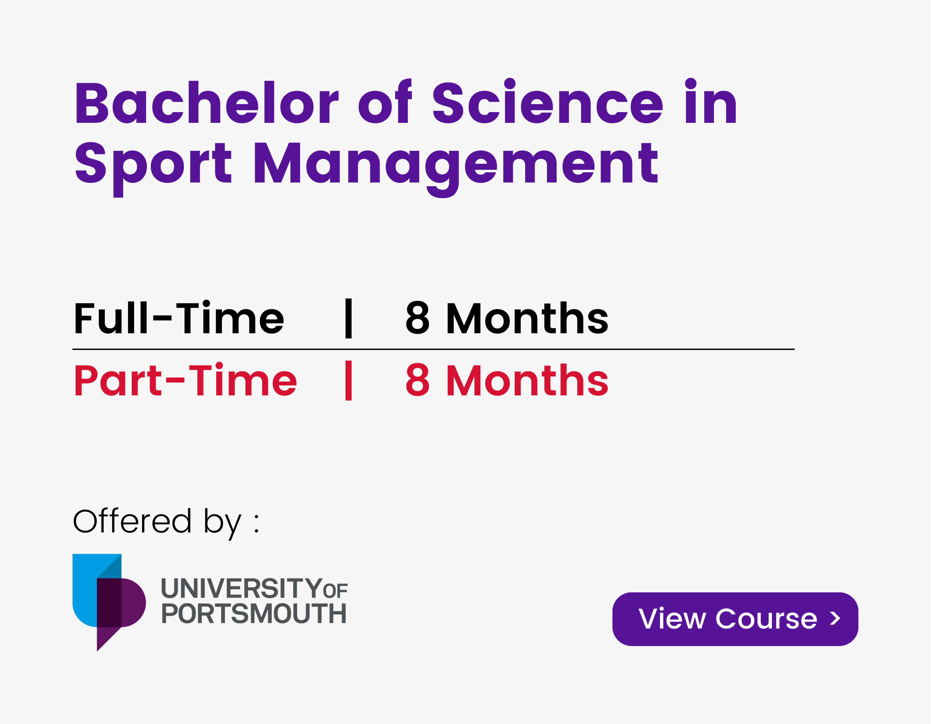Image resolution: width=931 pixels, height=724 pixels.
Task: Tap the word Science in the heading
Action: (548, 102)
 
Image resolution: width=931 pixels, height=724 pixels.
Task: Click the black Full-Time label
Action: (179, 318)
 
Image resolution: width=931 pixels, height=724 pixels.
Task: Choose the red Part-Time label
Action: (186, 380)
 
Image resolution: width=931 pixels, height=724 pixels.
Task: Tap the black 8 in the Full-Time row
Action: (417, 318)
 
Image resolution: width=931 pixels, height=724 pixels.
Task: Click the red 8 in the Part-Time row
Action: (417, 380)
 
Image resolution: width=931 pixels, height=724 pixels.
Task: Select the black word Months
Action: (527, 318)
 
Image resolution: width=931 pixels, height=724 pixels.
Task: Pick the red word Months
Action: (527, 380)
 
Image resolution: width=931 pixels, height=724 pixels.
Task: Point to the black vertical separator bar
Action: (348, 318)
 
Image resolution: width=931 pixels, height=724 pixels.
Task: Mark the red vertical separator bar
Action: (348, 381)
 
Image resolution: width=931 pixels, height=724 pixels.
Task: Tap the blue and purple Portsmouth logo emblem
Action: (109, 602)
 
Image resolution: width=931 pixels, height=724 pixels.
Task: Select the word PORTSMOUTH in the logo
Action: (254, 614)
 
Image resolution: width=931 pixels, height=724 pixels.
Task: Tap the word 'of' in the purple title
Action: (385, 102)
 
